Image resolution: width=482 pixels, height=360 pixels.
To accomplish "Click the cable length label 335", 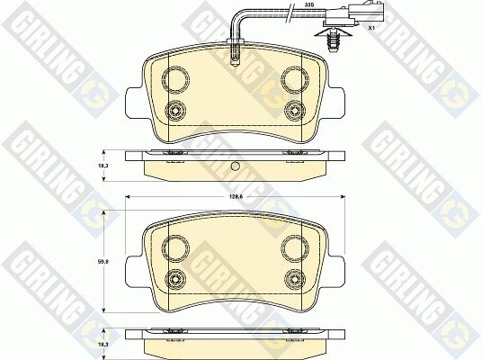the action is pyautogui.click(x=307, y=4).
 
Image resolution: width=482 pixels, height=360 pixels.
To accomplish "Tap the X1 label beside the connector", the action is pyautogui.click(x=371, y=28).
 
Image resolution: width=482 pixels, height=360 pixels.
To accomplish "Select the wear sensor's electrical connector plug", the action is pyautogui.click(x=353, y=13).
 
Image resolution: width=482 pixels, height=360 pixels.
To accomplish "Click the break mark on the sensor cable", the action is pyautogui.click(x=290, y=13).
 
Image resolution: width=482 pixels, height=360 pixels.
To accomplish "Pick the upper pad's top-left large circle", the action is pyautogui.click(x=175, y=79).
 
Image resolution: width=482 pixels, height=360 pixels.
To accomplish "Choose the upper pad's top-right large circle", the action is pyautogui.click(x=295, y=79).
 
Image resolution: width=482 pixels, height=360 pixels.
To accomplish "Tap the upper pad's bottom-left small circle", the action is pyautogui.click(x=175, y=111).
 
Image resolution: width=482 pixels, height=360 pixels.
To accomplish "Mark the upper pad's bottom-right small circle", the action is pyautogui.click(x=295, y=111).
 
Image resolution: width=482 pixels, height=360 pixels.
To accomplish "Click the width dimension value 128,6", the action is pyautogui.click(x=236, y=197).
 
